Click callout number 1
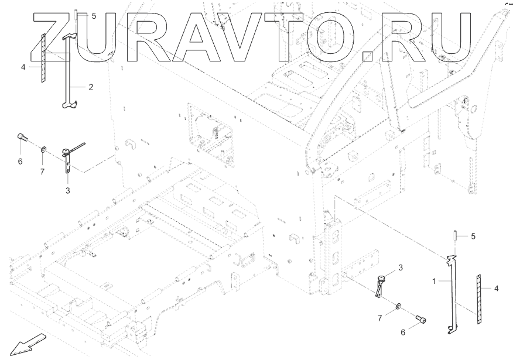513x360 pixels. [x=435, y=281]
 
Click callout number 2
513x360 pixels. [x=91, y=87]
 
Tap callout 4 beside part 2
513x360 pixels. [x=23, y=67]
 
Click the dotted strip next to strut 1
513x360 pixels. [x=478, y=299]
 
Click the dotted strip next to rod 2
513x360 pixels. [x=43, y=59]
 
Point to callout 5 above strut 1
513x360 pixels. [x=473, y=236]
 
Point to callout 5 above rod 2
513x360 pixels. [x=94, y=16]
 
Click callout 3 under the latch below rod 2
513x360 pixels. [x=68, y=190]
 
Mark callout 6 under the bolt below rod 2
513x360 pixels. [x=20, y=161]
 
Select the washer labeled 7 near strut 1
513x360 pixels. [x=398, y=306]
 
